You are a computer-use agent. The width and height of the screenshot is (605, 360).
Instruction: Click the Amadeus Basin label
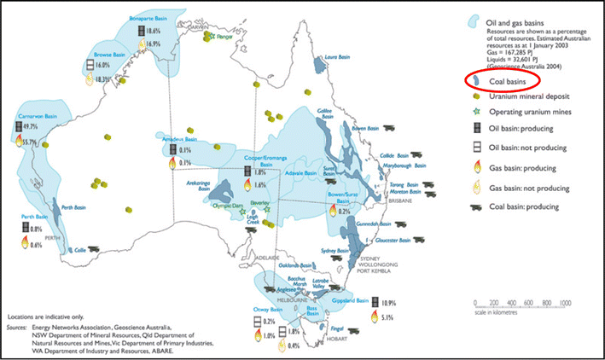(x=181, y=138)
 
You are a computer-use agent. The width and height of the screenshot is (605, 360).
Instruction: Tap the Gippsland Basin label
(x=350, y=301)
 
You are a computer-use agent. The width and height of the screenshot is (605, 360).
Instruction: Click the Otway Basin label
(x=266, y=310)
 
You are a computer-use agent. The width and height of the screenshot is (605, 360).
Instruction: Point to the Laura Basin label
(x=338, y=57)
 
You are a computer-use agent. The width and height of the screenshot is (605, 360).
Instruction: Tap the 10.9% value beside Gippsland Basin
(x=387, y=302)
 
